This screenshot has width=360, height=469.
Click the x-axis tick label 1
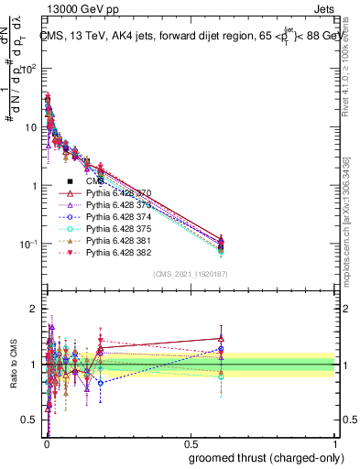pos(334,442)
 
